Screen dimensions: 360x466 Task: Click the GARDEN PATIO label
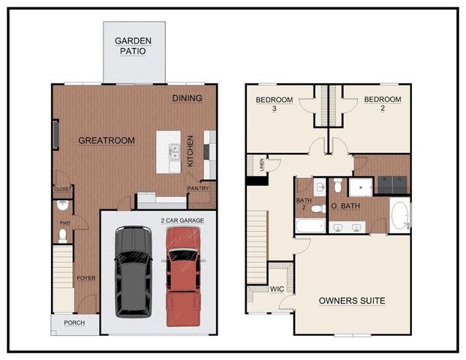click(134, 46)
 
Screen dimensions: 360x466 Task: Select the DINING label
click(187, 98)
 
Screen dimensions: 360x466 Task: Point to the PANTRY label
click(198, 188)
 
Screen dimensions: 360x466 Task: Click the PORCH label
click(74, 323)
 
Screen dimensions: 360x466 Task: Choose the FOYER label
click(86, 278)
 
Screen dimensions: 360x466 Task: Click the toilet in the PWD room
click(63, 235)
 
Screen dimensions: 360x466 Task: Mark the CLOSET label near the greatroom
click(62, 189)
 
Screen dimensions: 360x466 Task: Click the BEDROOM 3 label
click(273, 103)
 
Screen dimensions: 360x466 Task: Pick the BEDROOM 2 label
click(382, 103)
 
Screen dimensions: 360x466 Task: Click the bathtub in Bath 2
click(310, 226)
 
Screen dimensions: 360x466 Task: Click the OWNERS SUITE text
click(352, 301)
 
